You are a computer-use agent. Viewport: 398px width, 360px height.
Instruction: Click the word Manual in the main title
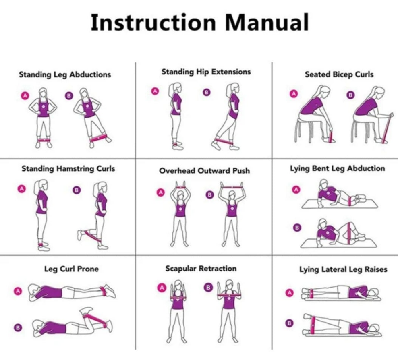(x=267, y=22)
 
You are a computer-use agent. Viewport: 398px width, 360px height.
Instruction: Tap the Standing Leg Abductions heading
(x=65, y=74)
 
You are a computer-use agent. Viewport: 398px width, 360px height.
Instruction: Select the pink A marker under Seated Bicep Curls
(x=294, y=93)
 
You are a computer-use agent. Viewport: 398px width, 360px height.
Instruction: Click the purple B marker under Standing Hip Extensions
(x=207, y=92)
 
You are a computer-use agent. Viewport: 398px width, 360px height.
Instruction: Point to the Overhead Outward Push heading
(x=204, y=171)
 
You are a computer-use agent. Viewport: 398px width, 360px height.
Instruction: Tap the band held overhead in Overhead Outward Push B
(x=231, y=188)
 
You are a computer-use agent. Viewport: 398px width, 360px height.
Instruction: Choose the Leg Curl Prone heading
(x=71, y=269)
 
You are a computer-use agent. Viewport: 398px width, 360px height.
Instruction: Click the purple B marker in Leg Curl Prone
(x=17, y=327)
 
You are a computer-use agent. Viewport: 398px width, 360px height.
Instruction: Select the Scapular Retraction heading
(x=201, y=269)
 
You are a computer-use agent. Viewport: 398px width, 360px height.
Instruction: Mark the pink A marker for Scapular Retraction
(x=162, y=288)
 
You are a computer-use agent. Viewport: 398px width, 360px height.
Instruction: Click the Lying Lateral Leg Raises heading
(x=343, y=269)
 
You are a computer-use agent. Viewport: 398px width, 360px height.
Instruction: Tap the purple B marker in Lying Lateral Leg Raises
(x=289, y=323)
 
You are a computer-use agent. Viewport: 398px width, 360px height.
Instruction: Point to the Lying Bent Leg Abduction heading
(x=337, y=168)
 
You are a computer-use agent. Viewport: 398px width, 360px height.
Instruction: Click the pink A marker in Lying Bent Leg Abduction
(x=296, y=190)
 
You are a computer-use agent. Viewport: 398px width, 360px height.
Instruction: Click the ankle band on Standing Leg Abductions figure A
(x=44, y=140)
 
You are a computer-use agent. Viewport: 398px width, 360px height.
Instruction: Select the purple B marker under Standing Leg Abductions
(x=69, y=95)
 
